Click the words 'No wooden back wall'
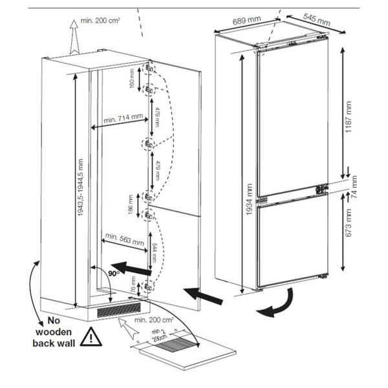pos(53,332)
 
